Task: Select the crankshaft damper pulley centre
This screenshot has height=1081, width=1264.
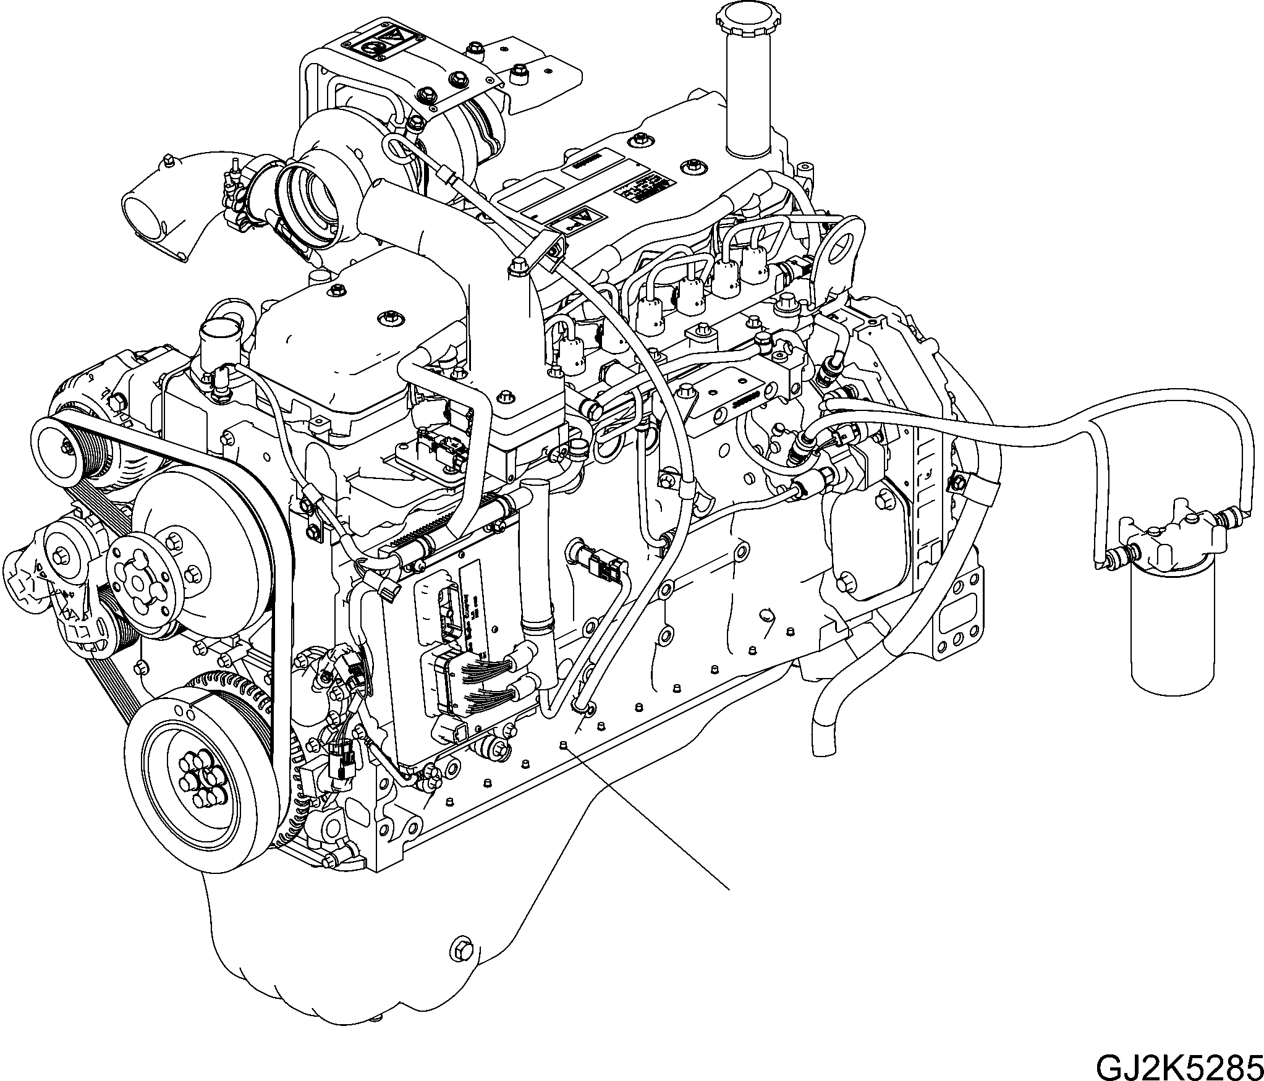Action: click(196, 786)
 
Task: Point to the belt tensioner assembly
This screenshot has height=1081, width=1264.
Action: click(59, 578)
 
